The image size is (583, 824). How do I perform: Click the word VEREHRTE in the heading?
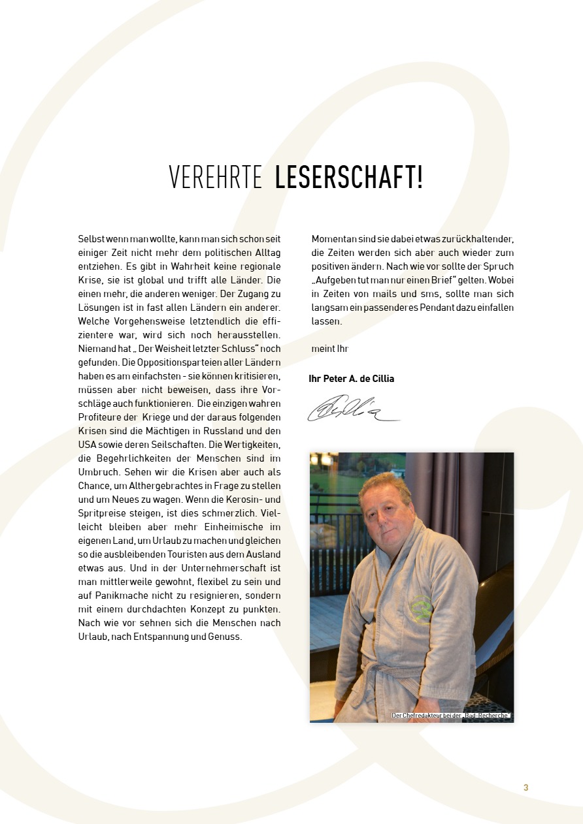click(x=215, y=178)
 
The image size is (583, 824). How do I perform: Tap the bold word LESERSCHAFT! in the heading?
click(x=349, y=178)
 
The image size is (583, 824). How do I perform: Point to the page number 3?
click(x=525, y=788)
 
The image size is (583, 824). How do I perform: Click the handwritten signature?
click(x=353, y=409)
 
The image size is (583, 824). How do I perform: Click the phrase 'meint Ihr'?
click(x=330, y=349)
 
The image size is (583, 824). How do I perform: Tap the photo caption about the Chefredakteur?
click(x=450, y=716)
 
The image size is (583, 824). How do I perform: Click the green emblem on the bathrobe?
click(x=421, y=608)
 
